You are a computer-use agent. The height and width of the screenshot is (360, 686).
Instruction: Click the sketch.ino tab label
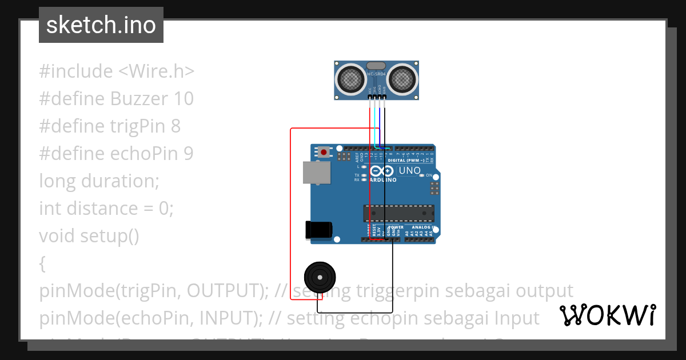coord(101,25)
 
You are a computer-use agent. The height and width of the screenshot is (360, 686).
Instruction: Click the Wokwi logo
coord(607,315)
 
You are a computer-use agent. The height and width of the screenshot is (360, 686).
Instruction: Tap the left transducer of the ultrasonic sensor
coord(349,79)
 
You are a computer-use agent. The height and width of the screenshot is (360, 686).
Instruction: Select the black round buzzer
coord(318,277)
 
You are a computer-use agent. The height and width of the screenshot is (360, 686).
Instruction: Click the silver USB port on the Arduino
coord(316,173)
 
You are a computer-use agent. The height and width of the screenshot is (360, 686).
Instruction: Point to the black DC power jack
coord(318,229)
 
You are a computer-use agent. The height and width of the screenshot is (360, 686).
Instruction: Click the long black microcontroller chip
coord(398,213)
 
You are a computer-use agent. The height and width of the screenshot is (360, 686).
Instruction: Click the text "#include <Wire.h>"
coord(117,71)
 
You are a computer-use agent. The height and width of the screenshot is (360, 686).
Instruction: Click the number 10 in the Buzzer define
coord(182,99)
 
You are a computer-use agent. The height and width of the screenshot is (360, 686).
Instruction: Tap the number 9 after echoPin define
coord(188,154)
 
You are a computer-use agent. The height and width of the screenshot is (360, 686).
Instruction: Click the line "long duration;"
coord(99,181)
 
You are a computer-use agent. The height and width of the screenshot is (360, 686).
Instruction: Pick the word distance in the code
coord(103,209)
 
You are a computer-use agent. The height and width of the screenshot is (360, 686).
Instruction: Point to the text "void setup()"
coord(89,235)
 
